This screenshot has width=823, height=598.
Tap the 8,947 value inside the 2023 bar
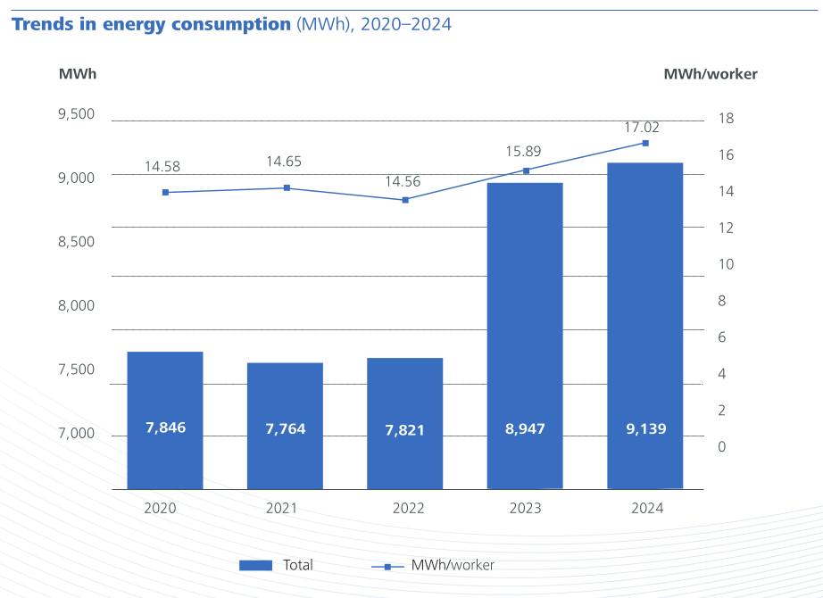click(525, 429)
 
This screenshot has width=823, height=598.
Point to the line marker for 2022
click(405, 200)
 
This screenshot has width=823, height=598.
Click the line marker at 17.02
click(645, 143)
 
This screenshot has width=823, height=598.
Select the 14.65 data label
click(284, 162)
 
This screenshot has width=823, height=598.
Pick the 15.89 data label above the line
click(523, 152)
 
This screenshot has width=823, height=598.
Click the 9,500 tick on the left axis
click(76, 113)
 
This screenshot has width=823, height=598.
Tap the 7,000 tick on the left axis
click(76, 433)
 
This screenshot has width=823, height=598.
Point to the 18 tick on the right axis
click(726, 119)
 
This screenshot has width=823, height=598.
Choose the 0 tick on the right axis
click(722, 446)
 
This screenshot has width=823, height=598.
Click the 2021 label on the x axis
click(281, 508)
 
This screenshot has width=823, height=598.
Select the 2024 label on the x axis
click(646, 508)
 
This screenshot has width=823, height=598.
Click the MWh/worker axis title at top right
click(710, 74)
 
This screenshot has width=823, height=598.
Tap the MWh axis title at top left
click(78, 74)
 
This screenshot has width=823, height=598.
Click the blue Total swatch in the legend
click(255, 565)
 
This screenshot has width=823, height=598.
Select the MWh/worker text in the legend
click(453, 565)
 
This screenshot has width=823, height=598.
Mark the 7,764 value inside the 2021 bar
click(286, 429)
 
